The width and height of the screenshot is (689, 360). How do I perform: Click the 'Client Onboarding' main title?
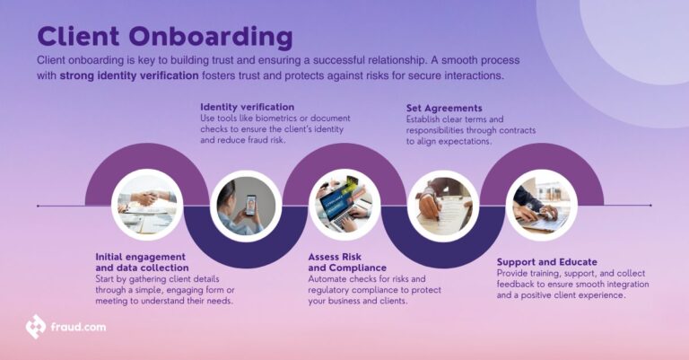click(164, 37)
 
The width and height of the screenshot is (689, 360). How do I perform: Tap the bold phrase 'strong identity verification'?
click(129, 76)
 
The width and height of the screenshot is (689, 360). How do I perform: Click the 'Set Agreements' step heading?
click(444, 108)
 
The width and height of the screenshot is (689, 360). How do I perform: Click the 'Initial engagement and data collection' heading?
click(142, 261)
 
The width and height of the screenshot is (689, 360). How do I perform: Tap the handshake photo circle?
click(144, 206)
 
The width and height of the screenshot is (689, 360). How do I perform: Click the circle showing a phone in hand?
click(240, 206)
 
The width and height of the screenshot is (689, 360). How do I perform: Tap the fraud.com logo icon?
click(36, 327)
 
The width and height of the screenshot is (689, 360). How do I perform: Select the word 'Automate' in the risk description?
click(331, 278)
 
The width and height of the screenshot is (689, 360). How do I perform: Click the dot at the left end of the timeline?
click(38, 206)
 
